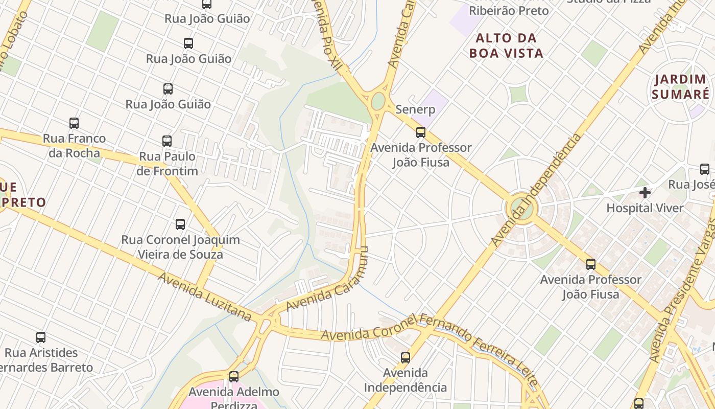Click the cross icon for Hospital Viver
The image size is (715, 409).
[x=645, y=193]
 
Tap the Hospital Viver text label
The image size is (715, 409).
[x=645, y=208]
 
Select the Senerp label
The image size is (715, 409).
[x=415, y=109]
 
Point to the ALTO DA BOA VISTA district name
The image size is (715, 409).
[x=506, y=46]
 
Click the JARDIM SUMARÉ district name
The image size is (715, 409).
[x=680, y=87]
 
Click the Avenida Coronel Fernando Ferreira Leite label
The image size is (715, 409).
[x=429, y=335]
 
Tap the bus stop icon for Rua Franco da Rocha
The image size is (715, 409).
[x=74, y=123]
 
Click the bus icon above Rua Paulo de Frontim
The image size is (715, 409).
[x=167, y=141]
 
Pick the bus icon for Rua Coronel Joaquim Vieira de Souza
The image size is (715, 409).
[x=180, y=224]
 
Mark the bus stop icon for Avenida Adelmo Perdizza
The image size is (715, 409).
[x=234, y=377]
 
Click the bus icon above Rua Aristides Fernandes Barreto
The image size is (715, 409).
[x=41, y=337]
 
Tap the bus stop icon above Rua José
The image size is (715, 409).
[x=705, y=169]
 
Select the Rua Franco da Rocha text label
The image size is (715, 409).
[x=74, y=146]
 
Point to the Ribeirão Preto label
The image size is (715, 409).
[x=509, y=11]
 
